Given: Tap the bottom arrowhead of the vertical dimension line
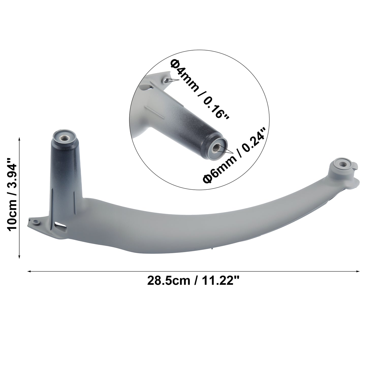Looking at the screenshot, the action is pos(19,257).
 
